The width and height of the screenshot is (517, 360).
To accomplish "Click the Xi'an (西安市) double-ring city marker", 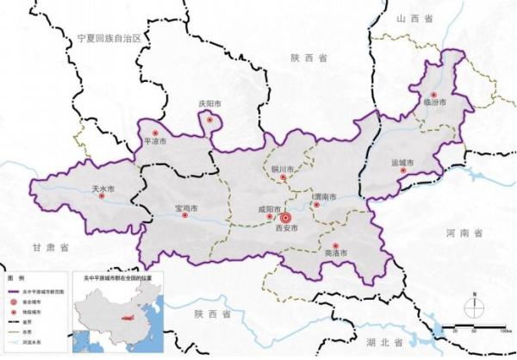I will [287, 218].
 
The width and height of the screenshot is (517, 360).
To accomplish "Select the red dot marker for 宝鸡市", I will [186, 216].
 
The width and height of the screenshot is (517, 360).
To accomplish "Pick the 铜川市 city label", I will [283, 169].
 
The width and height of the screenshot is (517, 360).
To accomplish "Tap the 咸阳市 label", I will [270, 208].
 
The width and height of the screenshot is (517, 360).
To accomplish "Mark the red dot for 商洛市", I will [335, 247].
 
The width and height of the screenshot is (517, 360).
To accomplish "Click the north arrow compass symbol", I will [472, 304].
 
